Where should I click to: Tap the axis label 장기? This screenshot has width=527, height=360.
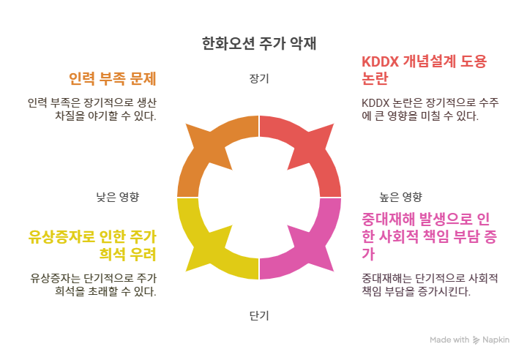pos(259,78)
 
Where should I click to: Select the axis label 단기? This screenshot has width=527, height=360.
pos(259,316)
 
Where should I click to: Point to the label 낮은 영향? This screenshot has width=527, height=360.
pos(118,197)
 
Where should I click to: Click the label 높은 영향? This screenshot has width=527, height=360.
pos(400,197)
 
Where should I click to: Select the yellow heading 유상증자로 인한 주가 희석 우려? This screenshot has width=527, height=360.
pos(93,245)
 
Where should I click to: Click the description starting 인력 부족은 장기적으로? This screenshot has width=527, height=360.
pos(93,108)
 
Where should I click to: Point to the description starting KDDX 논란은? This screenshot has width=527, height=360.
pos(430,108)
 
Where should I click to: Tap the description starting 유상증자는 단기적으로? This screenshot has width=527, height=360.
pos(93,284)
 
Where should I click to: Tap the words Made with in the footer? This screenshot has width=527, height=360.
pos(449,340)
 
